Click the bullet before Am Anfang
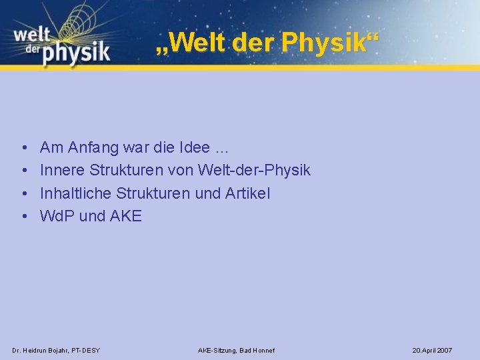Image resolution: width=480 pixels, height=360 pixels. coord(23,148)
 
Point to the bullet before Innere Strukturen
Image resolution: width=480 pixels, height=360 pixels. coord(23,171)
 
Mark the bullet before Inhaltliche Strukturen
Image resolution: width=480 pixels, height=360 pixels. coord(23,193)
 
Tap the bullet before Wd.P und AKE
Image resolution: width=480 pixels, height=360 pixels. coord(23,216)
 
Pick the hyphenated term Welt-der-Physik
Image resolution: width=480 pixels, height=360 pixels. coord(254,171)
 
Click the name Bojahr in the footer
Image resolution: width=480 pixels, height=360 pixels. coord(56,350)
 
